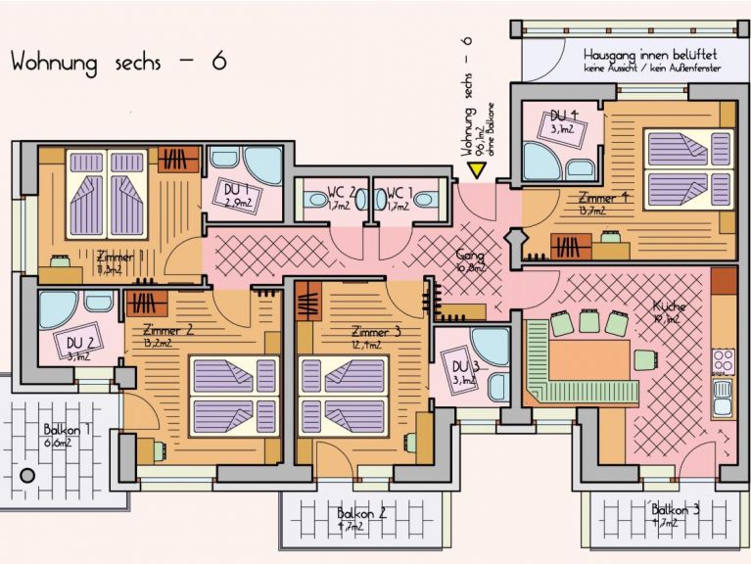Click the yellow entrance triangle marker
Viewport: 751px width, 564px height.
(x=478, y=169)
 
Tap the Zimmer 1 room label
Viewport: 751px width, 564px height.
(x=121, y=258)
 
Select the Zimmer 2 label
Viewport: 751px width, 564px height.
(x=167, y=330)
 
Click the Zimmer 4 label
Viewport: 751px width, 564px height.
(x=604, y=197)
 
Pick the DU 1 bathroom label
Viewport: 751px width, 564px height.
(x=234, y=190)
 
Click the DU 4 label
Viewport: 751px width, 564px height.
(x=560, y=117)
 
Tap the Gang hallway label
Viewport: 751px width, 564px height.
(x=471, y=258)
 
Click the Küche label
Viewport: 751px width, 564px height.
(x=670, y=306)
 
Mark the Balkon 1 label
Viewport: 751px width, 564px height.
(x=67, y=430)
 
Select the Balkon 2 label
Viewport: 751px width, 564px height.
(x=361, y=513)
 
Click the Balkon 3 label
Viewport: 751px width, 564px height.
(x=677, y=509)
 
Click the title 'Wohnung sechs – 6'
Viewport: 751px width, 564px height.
(x=118, y=61)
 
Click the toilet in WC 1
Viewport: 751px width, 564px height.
(x=424, y=199)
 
